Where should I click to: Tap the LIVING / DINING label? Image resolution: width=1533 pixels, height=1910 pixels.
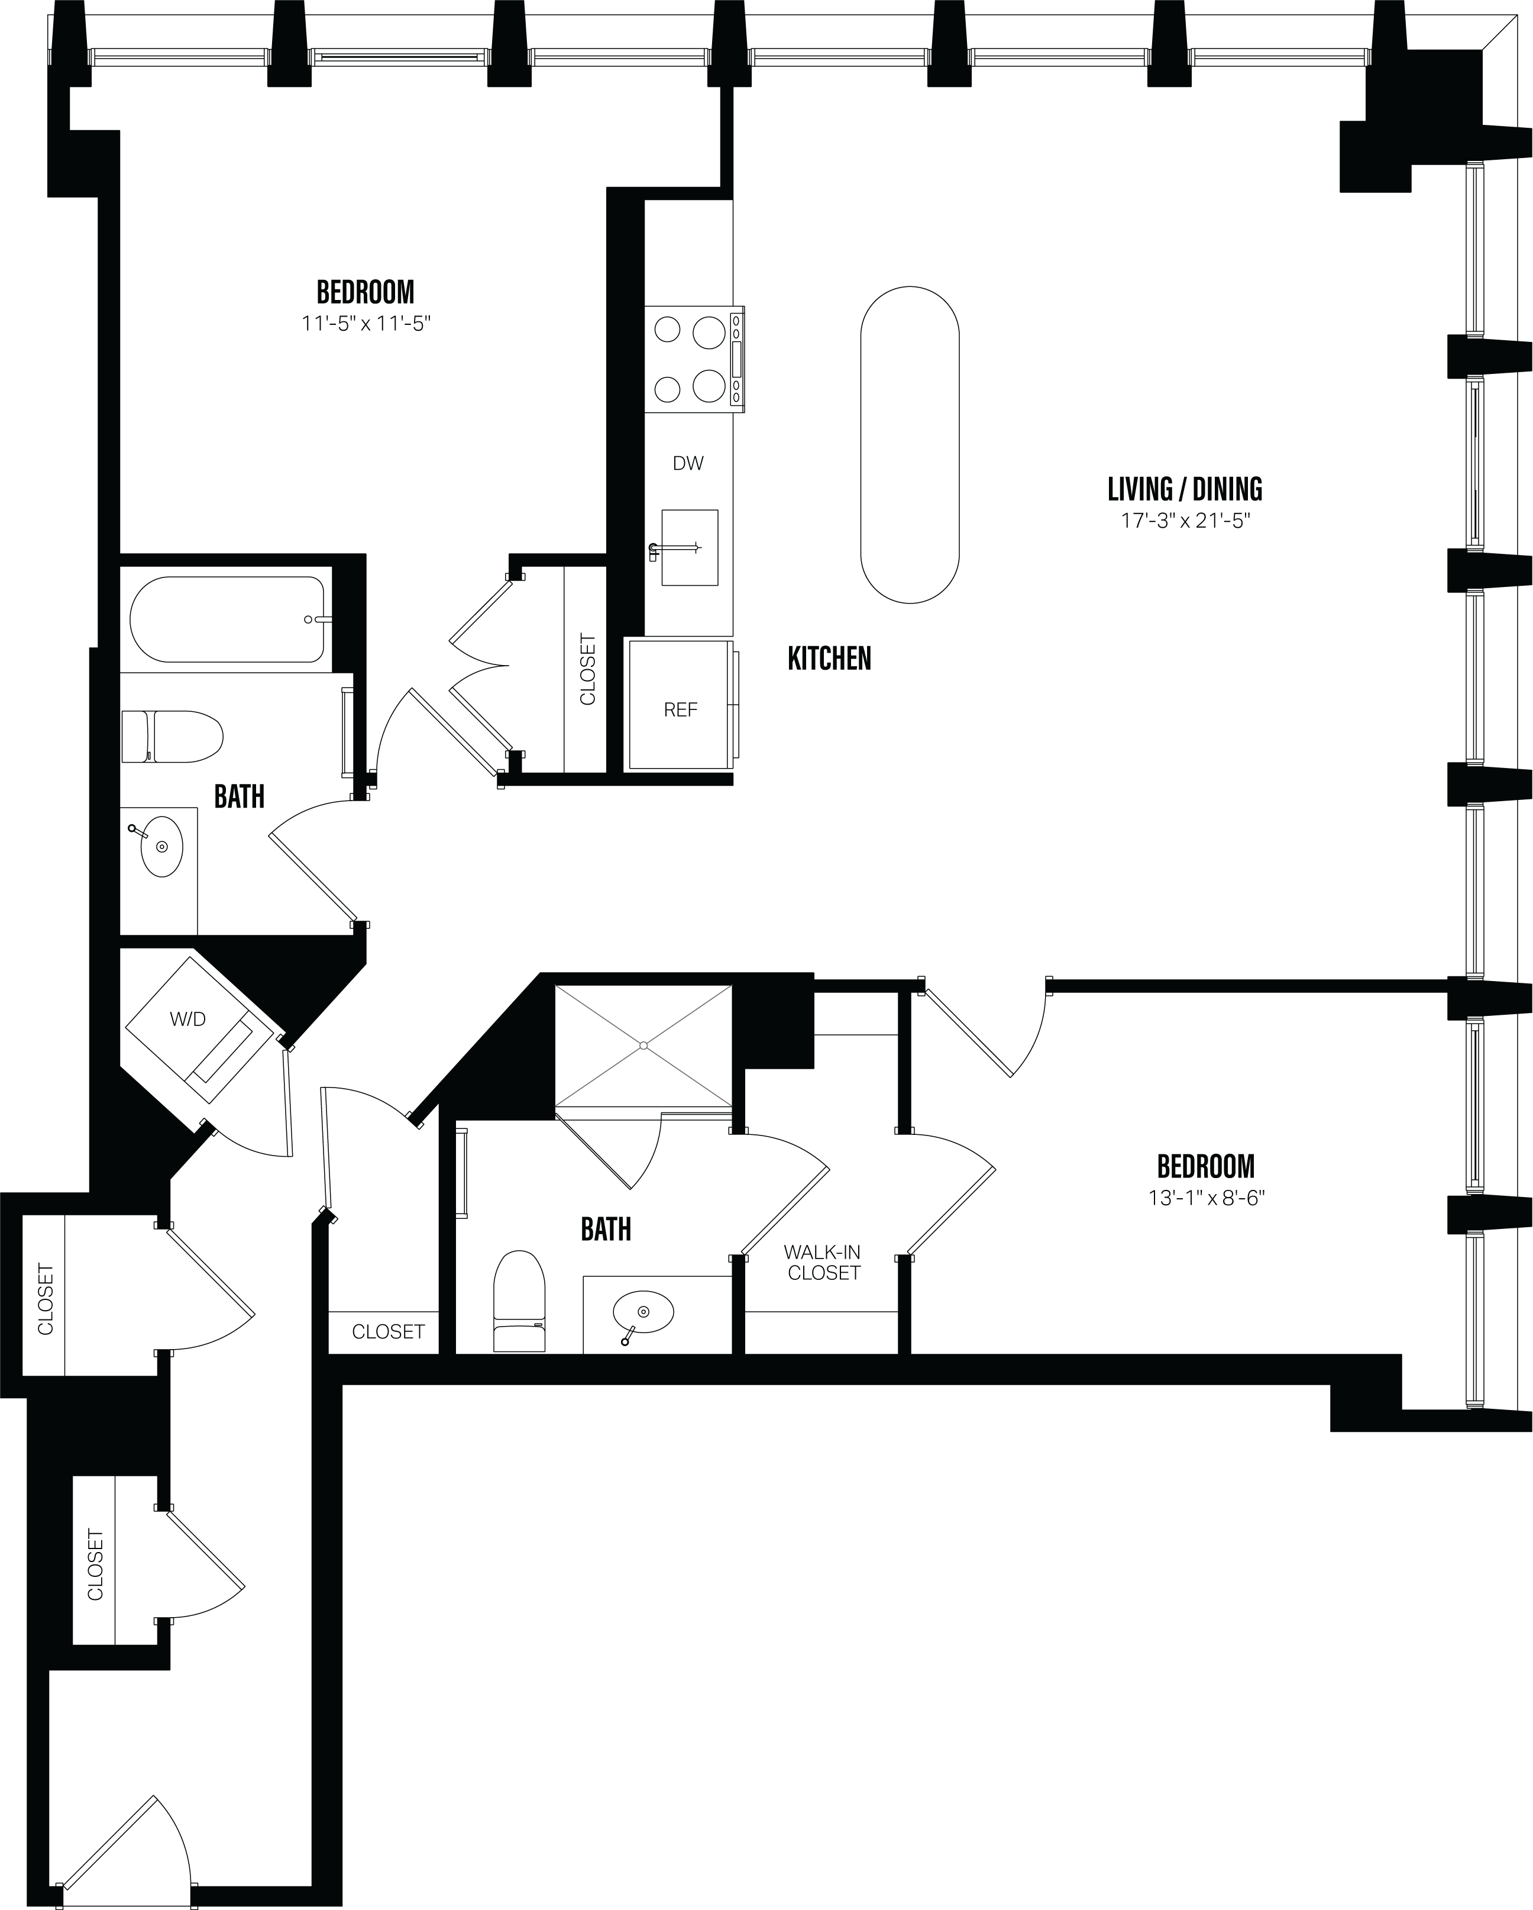point(1184,489)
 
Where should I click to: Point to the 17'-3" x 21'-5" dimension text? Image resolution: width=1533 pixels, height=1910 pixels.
point(1184,520)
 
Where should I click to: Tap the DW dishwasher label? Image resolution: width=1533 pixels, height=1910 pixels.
point(688,463)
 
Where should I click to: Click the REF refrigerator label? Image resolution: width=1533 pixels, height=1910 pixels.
point(680,709)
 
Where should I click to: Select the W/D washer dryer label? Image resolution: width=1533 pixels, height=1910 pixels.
point(187,1019)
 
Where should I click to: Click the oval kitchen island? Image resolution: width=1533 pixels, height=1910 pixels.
point(910,445)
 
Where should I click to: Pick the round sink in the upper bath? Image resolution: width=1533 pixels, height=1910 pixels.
point(161,846)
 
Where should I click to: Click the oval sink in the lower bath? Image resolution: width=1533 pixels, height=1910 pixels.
point(643,1311)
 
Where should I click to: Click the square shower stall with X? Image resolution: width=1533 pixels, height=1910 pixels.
point(643,1046)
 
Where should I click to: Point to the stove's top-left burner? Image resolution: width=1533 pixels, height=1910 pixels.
point(667,330)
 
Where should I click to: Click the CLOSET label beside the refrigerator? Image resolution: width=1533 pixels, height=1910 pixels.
point(587,669)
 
